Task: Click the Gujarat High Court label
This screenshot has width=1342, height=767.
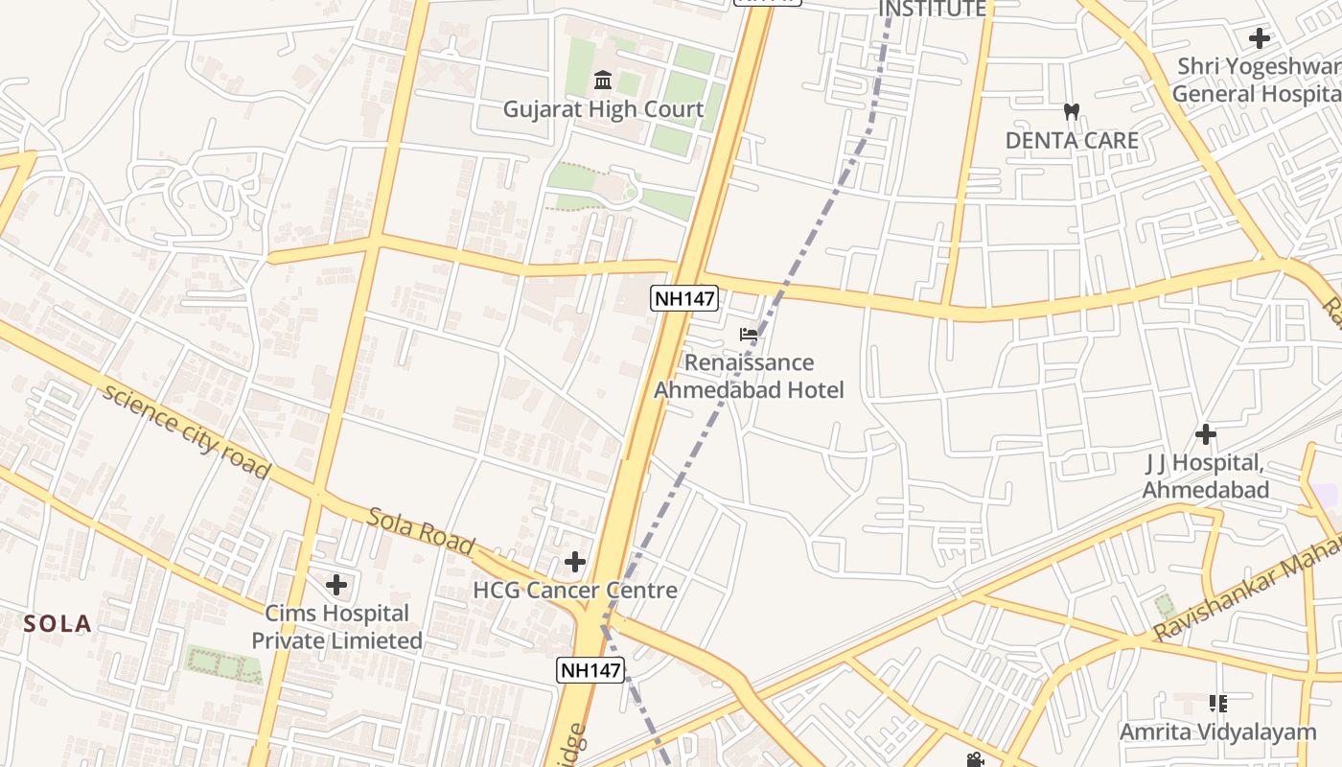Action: coord(603,109)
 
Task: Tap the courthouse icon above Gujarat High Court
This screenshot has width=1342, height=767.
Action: coord(603,80)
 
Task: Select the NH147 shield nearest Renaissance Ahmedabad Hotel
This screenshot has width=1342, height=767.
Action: coord(684,298)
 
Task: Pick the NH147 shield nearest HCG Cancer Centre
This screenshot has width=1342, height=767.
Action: coord(591,669)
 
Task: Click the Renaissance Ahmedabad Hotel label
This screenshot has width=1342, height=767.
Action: coord(749,376)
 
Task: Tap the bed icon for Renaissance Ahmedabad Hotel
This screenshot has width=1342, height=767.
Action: coord(749,335)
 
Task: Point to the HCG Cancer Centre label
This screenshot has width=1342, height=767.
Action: coord(575,590)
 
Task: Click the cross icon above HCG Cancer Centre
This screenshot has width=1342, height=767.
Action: coord(575,561)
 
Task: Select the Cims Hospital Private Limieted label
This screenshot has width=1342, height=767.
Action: coord(336,627)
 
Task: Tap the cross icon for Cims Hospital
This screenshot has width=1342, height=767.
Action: coord(336,584)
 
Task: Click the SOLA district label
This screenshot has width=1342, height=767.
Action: coord(58,624)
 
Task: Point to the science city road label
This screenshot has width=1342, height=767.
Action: coord(186,431)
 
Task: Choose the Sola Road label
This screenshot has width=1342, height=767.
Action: coord(421,531)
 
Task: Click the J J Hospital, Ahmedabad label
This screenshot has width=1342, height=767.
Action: coord(1205,476)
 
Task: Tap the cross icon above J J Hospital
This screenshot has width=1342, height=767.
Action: coord(1206,434)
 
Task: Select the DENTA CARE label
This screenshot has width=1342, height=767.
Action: coord(1072,140)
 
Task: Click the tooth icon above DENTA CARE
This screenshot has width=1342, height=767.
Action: coord(1072,111)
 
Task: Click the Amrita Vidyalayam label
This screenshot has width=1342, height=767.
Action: coord(1218,732)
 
